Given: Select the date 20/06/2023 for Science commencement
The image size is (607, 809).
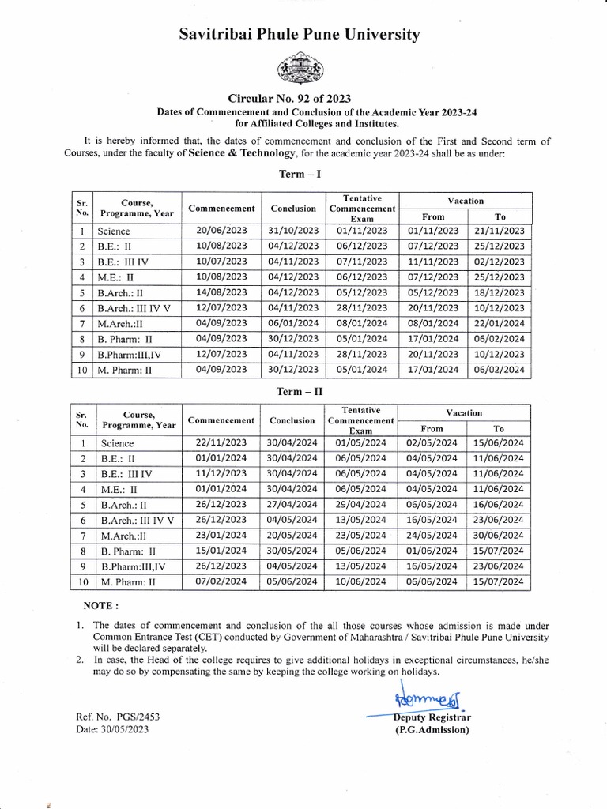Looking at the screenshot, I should pyautogui.click(x=221, y=231).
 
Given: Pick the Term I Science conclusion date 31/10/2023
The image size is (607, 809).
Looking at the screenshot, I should pyautogui.click(x=293, y=231).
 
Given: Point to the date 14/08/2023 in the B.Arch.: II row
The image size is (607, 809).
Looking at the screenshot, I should pyautogui.click(x=221, y=292).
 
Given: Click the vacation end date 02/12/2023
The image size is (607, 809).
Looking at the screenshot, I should pyautogui.click(x=500, y=262).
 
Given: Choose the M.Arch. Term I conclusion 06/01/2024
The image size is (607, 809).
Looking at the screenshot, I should pyautogui.click(x=293, y=323).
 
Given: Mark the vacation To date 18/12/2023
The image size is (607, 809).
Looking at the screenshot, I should pyautogui.click(x=500, y=292).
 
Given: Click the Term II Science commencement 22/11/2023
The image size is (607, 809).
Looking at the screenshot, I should pyautogui.click(x=221, y=443).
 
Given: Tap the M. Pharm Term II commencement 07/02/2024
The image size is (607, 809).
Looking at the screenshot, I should pyautogui.click(x=221, y=581).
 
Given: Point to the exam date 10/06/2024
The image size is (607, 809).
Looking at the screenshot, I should pyautogui.click(x=361, y=581).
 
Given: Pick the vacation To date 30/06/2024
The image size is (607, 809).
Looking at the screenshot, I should pyautogui.click(x=499, y=536).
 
